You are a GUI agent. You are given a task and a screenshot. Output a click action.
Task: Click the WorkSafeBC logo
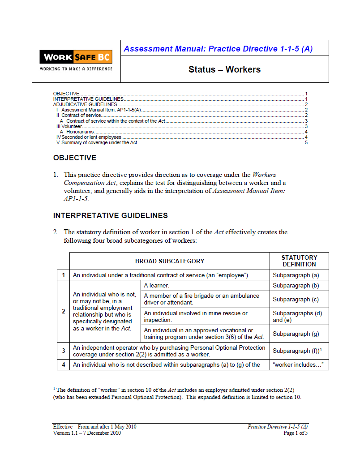click(x=76, y=61)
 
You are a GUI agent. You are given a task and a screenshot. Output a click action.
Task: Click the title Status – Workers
click(x=224, y=69)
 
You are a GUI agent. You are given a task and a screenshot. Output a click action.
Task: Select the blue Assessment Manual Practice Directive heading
click(x=218, y=49)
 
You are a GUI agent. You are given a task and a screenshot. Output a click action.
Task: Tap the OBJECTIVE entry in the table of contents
click(x=67, y=94)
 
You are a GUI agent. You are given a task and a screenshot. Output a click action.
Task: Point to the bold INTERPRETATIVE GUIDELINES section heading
click(x=110, y=215)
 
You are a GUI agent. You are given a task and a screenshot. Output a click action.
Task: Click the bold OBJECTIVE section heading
click(x=74, y=158)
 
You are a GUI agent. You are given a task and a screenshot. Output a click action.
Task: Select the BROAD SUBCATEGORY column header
click(x=170, y=261)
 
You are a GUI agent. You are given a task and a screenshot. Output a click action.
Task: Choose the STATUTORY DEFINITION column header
click(x=299, y=261)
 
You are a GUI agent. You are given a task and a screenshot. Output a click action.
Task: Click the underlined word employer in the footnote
click(x=216, y=390)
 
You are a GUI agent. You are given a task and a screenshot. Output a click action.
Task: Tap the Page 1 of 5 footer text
click(x=296, y=433)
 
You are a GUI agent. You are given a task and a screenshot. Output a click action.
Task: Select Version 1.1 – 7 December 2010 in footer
click(x=87, y=433)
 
